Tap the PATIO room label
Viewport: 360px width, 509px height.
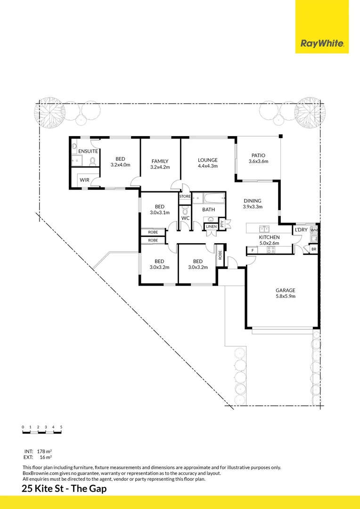pyautogui.click(x=258, y=158)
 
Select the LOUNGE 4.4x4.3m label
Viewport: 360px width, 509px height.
pyautogui.click(x=207, y=163)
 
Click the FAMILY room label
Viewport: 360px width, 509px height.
pyautogui.click(x=160, y=164)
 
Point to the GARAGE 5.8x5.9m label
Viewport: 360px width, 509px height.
pyautogui.click(x=285, y=293)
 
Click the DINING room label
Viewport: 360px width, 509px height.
pyautogui.click(x=252, y=204)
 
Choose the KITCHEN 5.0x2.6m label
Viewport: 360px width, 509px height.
pyautogui.click(x=269, y=240)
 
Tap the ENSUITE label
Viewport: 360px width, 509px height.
pyautogui.click(x=88, y=151)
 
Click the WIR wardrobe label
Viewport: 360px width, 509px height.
pyautogui.click(x=84, y=180)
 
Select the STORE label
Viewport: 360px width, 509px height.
pyautogui.click(x=185, y=196)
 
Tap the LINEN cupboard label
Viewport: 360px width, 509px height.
pyautogui.click(x=211, y=227)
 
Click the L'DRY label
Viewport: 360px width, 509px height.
pyautogui.click(x=301, y=230)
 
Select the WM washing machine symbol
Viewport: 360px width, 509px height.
pyautogui.click(x=314, y=230)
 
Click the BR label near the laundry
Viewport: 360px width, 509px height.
pyautogui.click(x=313, y=249)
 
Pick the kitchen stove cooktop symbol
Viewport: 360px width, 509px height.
pyautogui.click(x=271, y=250)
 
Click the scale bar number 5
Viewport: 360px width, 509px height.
pyautogui.click(x=61, y=427)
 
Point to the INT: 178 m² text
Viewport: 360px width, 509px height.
pyautogui.click(x=37, y=451)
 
